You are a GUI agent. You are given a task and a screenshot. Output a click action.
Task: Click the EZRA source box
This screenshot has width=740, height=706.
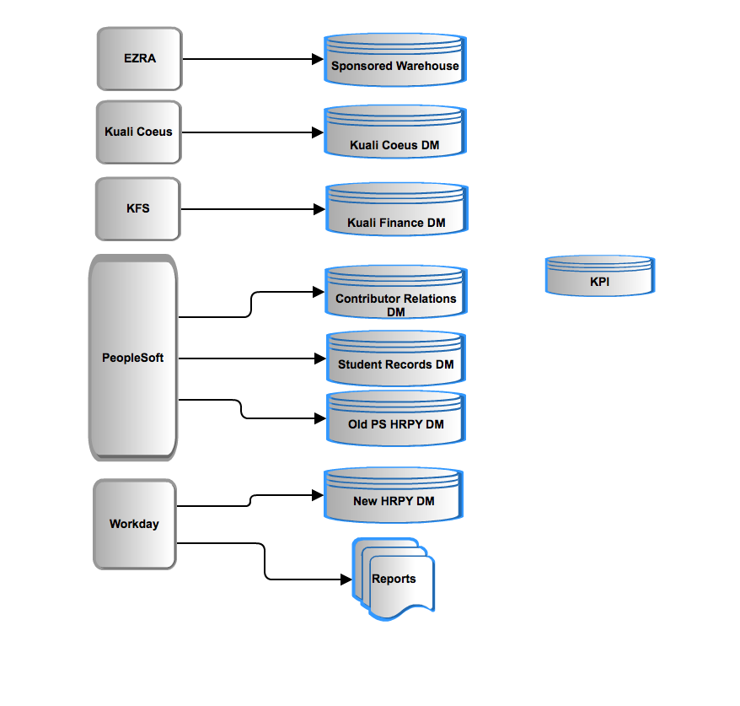pyautogui.click(x=140, y=58)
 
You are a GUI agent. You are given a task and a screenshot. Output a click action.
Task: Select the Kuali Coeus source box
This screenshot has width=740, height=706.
pyautogui.click(x=139, y=132)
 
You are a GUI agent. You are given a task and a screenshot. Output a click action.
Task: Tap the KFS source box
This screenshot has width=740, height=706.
pyautogui.click(x=138, y=208)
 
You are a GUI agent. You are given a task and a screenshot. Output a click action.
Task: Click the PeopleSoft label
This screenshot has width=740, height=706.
pyautogui.click(x=132, y=358)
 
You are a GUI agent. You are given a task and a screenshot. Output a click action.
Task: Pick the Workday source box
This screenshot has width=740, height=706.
pyautogui.click(x=135, y=524)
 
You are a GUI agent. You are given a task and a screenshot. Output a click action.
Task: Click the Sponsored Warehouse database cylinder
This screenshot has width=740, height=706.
pyautogui.click(x=395, y=60)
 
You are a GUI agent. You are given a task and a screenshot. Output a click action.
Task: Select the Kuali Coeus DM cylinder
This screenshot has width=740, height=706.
pyautogui.click(x=395, y=132)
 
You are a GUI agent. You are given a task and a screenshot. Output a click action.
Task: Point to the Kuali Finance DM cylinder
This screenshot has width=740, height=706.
pyautogui.click(x=397, y=209)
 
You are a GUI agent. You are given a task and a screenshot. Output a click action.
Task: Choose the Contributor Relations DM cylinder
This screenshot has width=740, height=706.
pyautogui.click(x=396, y=292)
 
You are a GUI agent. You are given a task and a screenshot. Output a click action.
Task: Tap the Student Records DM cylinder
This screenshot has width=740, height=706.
pyautogui.click(x=396, y=358)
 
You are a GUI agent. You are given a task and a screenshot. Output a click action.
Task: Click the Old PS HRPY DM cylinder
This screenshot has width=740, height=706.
pyautogui.click(x=396, y=418)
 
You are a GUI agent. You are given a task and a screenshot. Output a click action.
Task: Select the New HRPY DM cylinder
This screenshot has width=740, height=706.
pyautogui.click(x=394, y=495)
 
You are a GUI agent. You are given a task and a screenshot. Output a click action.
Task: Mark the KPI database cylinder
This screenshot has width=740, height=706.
pyautogui.click(x=600, y=276)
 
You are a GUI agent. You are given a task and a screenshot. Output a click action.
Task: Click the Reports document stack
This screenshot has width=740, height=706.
pyautogui.click(x=394, y=579)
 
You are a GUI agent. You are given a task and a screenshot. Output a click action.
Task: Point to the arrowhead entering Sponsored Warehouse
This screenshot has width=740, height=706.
pyautogui.click(x=318, y=59)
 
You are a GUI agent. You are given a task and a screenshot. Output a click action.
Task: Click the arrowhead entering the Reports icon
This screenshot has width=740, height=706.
pyautogui.click(x=346, y=579)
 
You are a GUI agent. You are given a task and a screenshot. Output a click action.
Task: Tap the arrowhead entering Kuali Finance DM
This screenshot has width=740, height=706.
pyautogui.click(x=319, y=209)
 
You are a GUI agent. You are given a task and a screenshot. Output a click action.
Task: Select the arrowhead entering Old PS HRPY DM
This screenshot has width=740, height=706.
pyautogui.click(x=320, y=418)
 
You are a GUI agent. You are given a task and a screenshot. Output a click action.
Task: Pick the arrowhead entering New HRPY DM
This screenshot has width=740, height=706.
pyautogui.click(x=318, y=495)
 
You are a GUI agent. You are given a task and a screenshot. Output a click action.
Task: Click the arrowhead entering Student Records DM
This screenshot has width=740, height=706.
pyautogui.click(x=320, y=358)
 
